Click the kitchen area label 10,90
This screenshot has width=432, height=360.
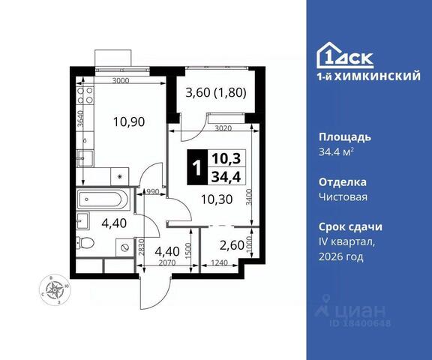pos(129,121)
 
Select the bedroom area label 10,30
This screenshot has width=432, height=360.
pos(217,199)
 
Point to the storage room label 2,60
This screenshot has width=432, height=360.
pos(232,245)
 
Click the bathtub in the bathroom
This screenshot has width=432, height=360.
pos(102,199)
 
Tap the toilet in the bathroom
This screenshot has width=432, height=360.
pos(85,243)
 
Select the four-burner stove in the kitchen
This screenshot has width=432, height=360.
pos(85,95)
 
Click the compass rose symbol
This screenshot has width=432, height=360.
pos(55,289)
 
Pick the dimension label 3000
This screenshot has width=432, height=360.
pos(121,81)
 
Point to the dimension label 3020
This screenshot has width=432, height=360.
pos(223,128)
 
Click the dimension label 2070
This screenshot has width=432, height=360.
pos(167,263)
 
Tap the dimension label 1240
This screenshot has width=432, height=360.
pos(219,263)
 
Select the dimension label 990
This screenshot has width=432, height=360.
pos(153,192)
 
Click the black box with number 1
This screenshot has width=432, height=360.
pos(197,167)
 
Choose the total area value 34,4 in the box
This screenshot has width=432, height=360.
pos(226,177)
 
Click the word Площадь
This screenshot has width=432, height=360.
pos(345,137)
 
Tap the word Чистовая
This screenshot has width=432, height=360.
pos(343,197)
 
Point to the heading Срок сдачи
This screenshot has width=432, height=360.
pos(350,227)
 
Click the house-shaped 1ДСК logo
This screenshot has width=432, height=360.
pos(345,55)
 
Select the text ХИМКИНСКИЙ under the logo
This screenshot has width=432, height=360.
pos(377,76)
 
